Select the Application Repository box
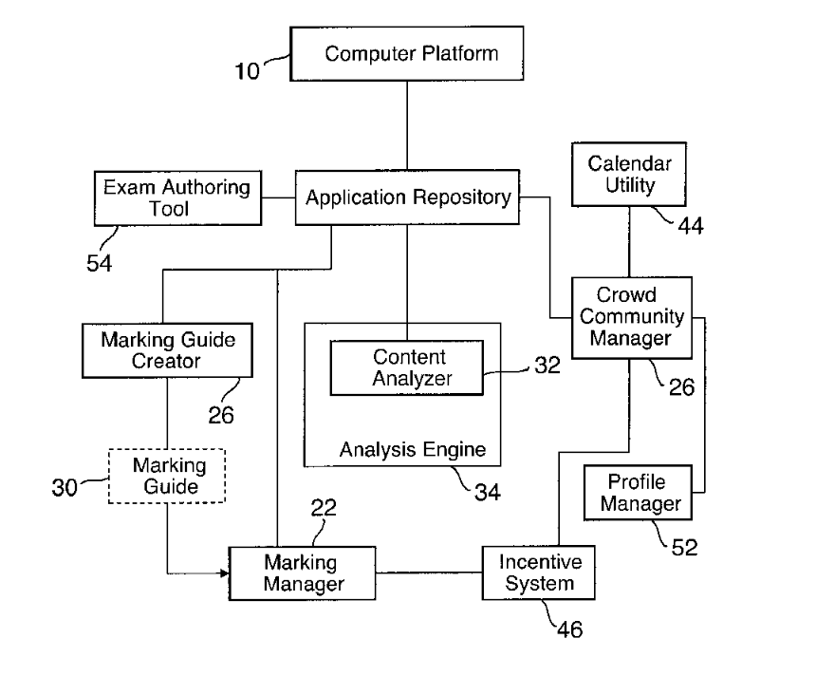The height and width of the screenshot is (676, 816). (x=408, y=198)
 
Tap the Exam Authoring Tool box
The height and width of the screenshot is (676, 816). (x=177, y=197)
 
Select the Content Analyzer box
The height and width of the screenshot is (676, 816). (x=406, y=368)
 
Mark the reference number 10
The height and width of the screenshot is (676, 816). (x=247, y=70)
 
